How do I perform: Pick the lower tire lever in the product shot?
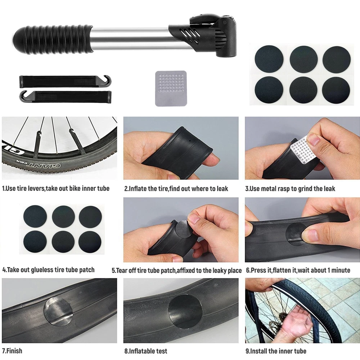point(65,96)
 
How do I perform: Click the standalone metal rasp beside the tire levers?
point(171,89)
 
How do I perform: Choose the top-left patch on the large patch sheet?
point(269,59)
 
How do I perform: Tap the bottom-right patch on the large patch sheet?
point(336,90)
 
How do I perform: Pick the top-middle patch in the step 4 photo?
point(63,217)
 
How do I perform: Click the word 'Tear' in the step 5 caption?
point(122,270)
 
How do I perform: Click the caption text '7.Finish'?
point(12,351)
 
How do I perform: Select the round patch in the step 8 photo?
point(185,311)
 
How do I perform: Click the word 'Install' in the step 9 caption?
point(258,351)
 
